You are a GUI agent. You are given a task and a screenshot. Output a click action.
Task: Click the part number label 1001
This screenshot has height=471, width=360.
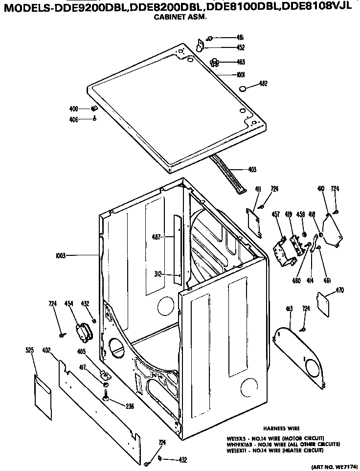[x=240, y=75]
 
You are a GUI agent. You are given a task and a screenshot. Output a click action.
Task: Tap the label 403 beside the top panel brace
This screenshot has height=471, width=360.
[x=252, y=170]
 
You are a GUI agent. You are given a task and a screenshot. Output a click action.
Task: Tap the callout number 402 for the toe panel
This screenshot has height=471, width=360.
[x=46, y=350]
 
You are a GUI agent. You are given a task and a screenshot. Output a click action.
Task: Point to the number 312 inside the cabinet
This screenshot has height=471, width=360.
[x=158, y=274]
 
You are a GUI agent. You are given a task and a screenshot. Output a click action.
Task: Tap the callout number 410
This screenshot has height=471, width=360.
[x=321, y=188]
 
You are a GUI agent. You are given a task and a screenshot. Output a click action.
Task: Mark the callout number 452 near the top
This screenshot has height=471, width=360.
[x=240, y=47]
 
